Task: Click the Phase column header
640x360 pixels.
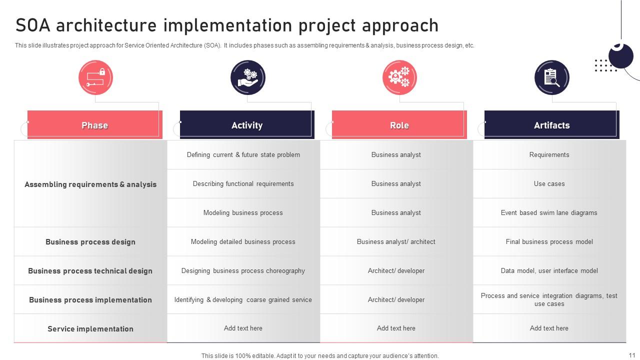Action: (x=95, y=125)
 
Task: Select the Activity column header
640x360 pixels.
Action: (x=247, y=125)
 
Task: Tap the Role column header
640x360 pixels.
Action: (x=399, y=125)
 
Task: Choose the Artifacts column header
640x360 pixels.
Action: (x=551, y=125)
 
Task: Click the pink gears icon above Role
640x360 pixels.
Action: (x=399, y=77)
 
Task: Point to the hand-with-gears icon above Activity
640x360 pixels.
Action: (x=247, y=77)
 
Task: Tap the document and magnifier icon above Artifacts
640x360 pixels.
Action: (x=551, y=77)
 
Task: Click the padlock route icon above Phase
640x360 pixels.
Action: (x=95, y=77)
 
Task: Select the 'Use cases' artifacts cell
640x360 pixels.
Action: (x=549, y=183)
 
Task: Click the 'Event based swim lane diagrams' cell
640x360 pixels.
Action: (x=549, y=213)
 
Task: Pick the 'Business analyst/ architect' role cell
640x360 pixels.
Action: (x=396, y=241)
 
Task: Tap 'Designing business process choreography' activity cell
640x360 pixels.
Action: (x=243, y=271)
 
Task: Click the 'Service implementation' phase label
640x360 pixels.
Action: (x=90, y=329)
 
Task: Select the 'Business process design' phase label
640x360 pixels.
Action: (x=90, y=242)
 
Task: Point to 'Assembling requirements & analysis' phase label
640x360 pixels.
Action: (x=90, y=184)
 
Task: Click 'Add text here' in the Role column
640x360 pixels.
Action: (x=396, y=328)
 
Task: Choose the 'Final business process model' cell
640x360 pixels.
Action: (x=549, y=241)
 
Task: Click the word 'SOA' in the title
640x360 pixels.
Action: (x=33, y=25)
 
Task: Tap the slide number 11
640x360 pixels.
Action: (x=631, y=355)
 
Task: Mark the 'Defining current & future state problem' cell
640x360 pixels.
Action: (x=243, y=155)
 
